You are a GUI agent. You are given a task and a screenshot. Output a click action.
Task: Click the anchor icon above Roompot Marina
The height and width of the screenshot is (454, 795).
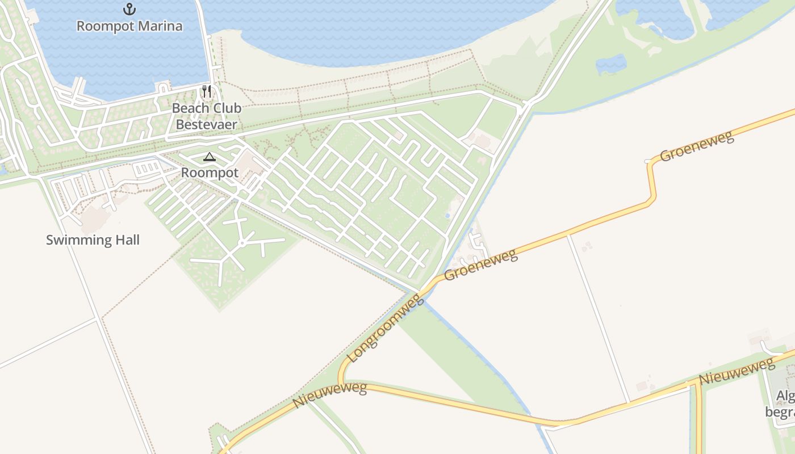(x=129, y=9)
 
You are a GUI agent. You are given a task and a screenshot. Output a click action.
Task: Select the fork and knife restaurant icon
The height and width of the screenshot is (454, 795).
(x=207, y=91)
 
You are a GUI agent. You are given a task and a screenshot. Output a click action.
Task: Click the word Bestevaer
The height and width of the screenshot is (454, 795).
(x=207, y=124)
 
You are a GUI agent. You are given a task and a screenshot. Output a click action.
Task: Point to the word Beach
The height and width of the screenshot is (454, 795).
(x=190, y=108)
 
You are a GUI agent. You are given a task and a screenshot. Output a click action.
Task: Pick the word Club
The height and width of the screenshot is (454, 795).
(x=225, y=108)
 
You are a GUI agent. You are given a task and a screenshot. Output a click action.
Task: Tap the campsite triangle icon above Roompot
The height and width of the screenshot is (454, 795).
(x=210, y=157)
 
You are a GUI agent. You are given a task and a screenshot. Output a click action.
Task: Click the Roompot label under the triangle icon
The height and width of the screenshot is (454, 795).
(x=210, y=173)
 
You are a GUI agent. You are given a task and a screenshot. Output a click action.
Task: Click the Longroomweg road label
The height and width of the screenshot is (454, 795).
(x=385, y=329)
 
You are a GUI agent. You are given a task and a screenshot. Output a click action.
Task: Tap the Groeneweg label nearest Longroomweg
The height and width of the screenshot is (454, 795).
(x=481, y=265)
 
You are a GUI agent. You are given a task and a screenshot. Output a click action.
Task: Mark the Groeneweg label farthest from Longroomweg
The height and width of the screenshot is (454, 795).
(x=697, y=146)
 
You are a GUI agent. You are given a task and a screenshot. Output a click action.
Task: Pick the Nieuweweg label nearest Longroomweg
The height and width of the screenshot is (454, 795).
(x=330, y=396)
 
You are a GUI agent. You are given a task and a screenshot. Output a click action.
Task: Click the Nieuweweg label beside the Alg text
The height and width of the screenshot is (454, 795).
(x=737, y=371)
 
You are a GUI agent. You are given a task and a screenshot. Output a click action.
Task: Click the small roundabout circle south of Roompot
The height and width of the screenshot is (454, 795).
(x=242, y=243)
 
